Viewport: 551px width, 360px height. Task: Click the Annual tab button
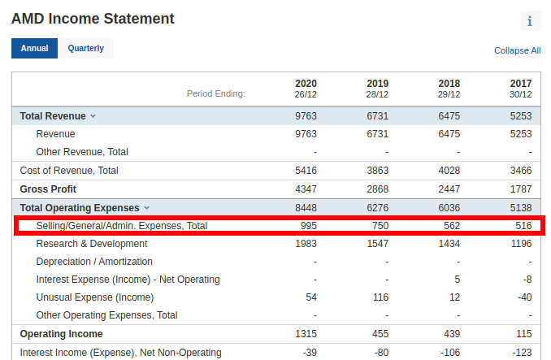[34, 48]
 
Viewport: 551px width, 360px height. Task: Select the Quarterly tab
[85, 48]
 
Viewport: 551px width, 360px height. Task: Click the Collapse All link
[517, 50]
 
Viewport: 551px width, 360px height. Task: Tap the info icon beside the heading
[530, 21]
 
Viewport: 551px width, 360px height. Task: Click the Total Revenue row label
[53, 116]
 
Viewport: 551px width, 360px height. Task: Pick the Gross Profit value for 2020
[306, 189]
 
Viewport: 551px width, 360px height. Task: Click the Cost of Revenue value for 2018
[449, 171]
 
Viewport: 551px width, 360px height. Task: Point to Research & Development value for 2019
[377, 244]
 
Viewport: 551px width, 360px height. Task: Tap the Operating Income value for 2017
[523, 334]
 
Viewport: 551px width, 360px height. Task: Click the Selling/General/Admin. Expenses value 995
[308, 225]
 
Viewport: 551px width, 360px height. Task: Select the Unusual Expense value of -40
[523, 297]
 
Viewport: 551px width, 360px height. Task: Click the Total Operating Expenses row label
[80, 208]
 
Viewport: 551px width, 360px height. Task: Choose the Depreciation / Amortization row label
[94, 262]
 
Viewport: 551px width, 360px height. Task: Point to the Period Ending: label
[215, 94]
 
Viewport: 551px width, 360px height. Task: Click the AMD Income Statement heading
[93, 18]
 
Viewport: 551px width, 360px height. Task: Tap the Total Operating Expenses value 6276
[377, 208]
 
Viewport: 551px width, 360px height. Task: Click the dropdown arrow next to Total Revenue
[93, 116]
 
